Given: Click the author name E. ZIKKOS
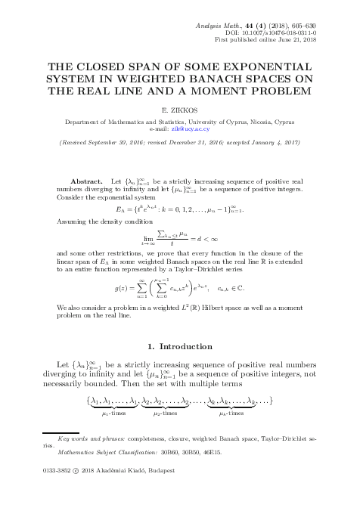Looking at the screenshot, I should click(179, 110).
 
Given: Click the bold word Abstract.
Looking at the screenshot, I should click(86, 183).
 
